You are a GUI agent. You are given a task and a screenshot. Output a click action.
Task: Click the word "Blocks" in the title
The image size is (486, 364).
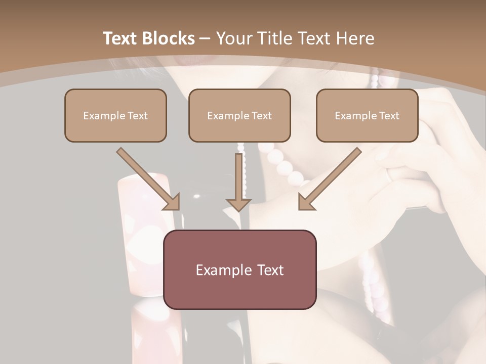pyautogui.click(x=169, y=38)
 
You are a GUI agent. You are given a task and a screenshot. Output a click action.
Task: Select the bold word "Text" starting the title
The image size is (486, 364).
pyautogui.click(x=121, y=38)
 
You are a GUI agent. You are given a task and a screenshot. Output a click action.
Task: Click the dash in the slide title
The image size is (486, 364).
pyautogui.click(x=205, y=38)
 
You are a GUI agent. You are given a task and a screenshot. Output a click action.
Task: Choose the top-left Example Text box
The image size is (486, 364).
pyautogui.click(x=115, y=115)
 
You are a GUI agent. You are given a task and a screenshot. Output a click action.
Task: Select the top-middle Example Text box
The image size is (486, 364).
pyautogui.click(x=239, y=115)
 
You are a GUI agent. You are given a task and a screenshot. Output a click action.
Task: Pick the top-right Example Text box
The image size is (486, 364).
pyautogui.click(x=367, y=115)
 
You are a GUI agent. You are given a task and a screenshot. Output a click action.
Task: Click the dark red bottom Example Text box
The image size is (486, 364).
pyautogui.click(x=239, y=269)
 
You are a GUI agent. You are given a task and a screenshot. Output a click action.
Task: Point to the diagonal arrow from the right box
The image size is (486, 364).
pyautogui.click(x=332, y=177)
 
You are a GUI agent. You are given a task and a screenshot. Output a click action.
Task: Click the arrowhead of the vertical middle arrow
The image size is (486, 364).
pyautogui.click(x=238, y=204)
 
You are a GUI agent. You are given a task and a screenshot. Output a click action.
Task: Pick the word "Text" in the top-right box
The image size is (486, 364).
pyautogui.click(x=389, y=115)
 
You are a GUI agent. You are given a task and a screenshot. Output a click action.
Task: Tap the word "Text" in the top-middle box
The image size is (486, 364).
pyautogui.click(x=262, y=115)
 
